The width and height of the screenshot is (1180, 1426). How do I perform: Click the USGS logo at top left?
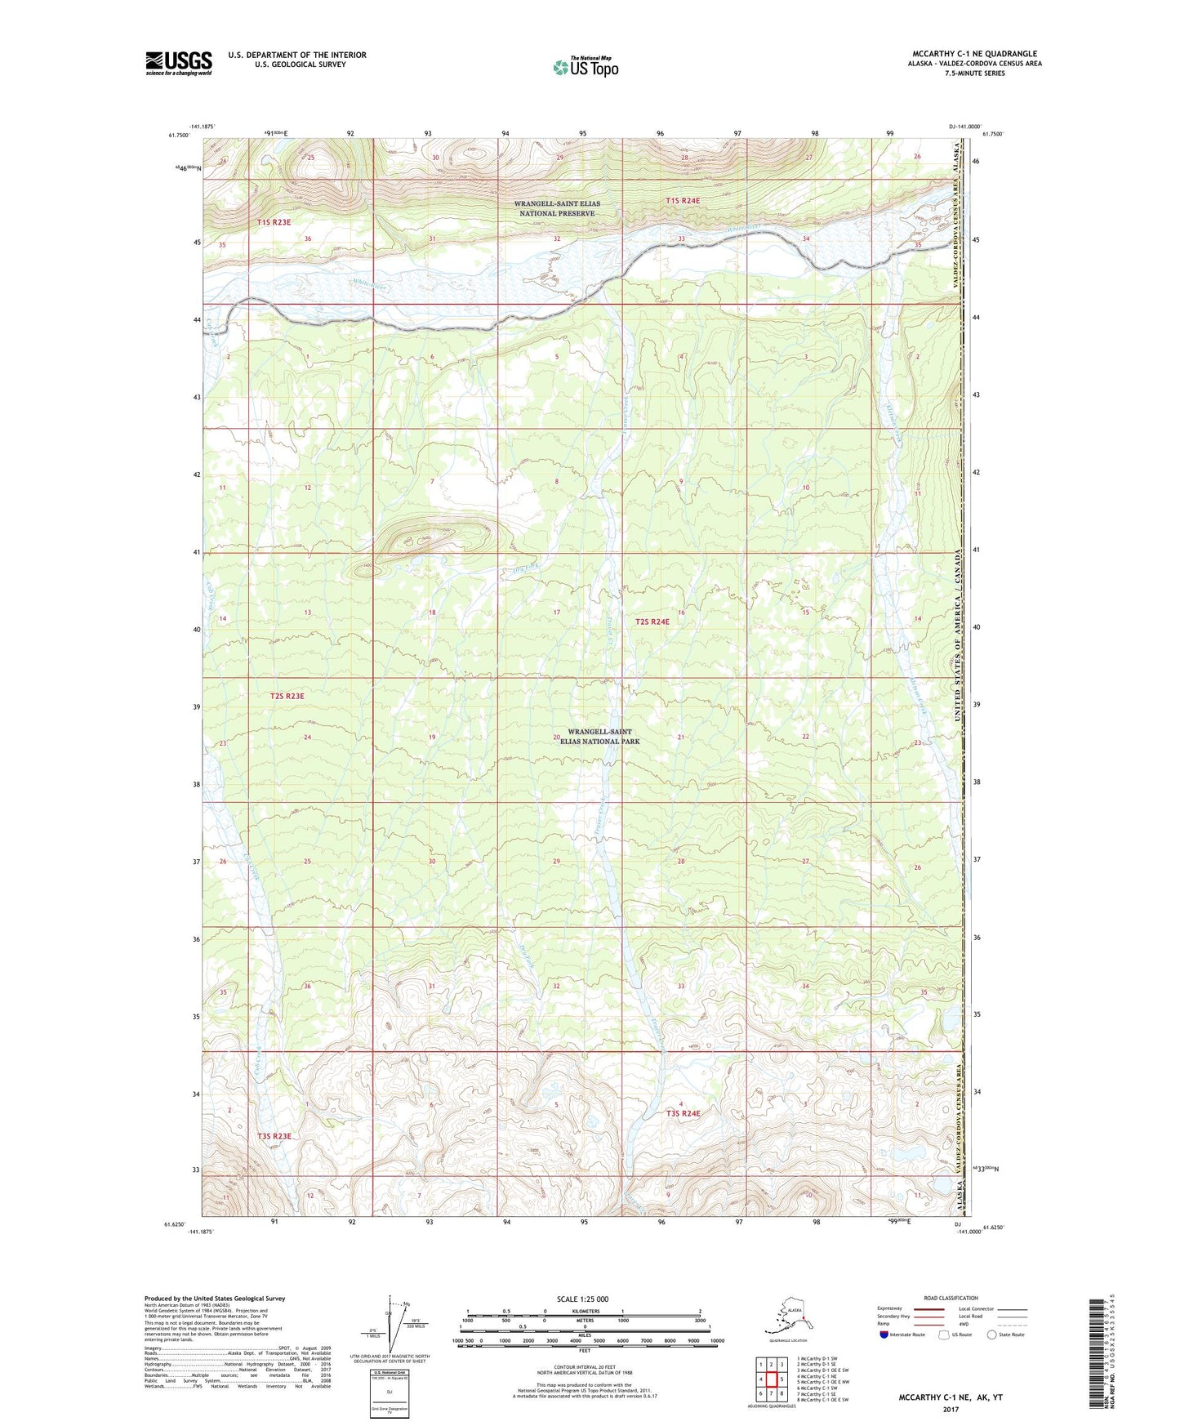pos(178,63)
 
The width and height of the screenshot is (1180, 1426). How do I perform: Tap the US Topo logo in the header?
pos(585,67)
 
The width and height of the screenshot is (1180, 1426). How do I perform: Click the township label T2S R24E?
pos(652,622)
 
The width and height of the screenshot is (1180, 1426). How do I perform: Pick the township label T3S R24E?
pos(683,1113)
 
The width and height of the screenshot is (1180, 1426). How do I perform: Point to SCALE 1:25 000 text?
pos(583,1299)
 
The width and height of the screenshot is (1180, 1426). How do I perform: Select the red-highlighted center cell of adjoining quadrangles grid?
pos(770,1379)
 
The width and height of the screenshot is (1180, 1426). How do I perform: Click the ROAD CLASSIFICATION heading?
pos(951,1298)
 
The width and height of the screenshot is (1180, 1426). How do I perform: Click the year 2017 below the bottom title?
pos(950,1409)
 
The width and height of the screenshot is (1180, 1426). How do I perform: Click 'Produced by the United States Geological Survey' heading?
pos(215,1298)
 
